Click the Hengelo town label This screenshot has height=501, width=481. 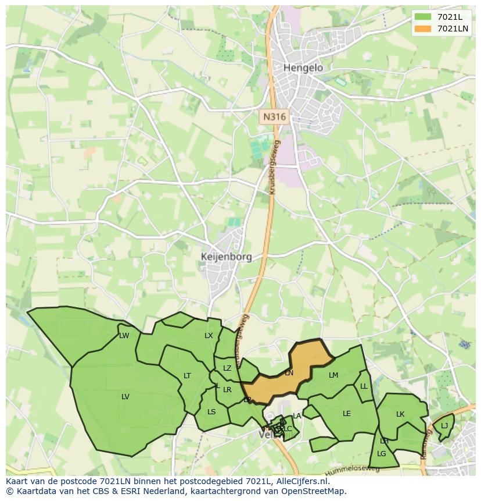[x=303, y=68]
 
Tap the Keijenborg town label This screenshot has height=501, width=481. [x=226, y=257]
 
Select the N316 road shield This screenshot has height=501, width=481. [x=274, y=117]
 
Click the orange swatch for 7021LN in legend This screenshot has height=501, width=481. [x=423, y=29]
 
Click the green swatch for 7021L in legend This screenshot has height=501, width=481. [x=423, y=17]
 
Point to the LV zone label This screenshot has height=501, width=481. [x=125, y=397]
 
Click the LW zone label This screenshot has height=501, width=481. [x=124, y=336]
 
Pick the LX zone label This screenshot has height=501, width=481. [x=209, y=336]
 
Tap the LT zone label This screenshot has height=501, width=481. [x=187, y=376]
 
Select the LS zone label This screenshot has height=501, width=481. [x=211, y=412]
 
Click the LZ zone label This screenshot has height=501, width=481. [x=227, y=368]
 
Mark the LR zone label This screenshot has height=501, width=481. [x=227, y=390]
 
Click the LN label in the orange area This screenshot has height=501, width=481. [x=289, y=373]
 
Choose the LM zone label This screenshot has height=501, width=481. [x=333, y=375]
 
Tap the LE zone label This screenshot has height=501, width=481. [x=347, y=414]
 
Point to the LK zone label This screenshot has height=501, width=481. [x=400, y=414]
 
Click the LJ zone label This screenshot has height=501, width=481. [x=444, y=426]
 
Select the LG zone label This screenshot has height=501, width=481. [x=381, y=454]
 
